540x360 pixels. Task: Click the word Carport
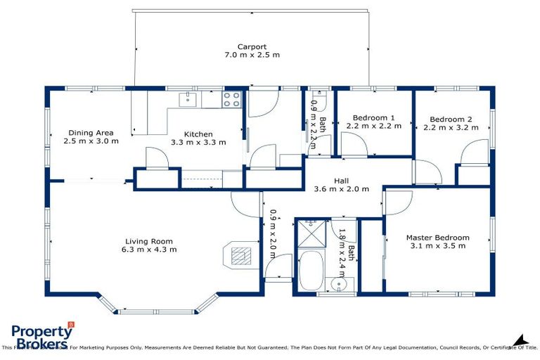pos(251,46)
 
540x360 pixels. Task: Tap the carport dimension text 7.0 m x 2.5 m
pos(251,55)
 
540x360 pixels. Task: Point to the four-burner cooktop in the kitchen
pos(232,99)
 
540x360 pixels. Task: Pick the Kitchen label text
pos(198,134)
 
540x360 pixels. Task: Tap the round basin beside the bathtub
pos(339,285)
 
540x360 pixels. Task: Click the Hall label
pos(342,181)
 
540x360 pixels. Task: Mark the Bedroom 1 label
pos(373,117)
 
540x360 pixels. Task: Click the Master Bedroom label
pos(437,238)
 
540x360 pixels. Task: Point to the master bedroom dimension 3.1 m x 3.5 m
pos(437,247)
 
